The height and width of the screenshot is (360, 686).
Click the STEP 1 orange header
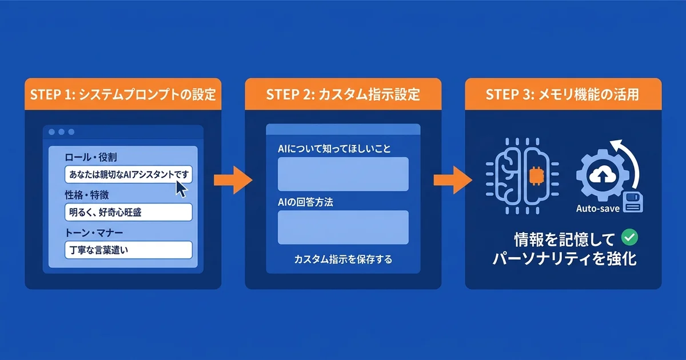tap(123, 94)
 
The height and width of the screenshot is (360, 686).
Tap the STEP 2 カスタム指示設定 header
tap(343, 94)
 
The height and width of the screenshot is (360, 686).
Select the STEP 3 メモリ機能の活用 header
tap(563, 94)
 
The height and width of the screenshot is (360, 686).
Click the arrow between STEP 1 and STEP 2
tap(233, 181)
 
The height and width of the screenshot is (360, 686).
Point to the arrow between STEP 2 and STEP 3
tap(453, 181)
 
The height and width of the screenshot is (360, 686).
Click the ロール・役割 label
tap(91, 157)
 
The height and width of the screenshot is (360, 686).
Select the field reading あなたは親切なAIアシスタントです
tap(128, 174)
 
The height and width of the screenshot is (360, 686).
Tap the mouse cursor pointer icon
tap(181, 188)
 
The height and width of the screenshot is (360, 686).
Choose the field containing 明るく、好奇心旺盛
tap(128, 213)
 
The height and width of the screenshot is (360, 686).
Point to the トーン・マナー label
tap(95, 233)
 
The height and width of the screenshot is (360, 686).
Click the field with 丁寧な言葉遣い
tap(128, 250)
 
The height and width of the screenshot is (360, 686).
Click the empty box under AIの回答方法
tap(343, 227)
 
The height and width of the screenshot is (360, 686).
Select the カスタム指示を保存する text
tap(343, 259)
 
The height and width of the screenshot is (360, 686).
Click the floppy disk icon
tap(633, 202)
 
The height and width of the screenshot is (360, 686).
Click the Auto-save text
tap(598, 209)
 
